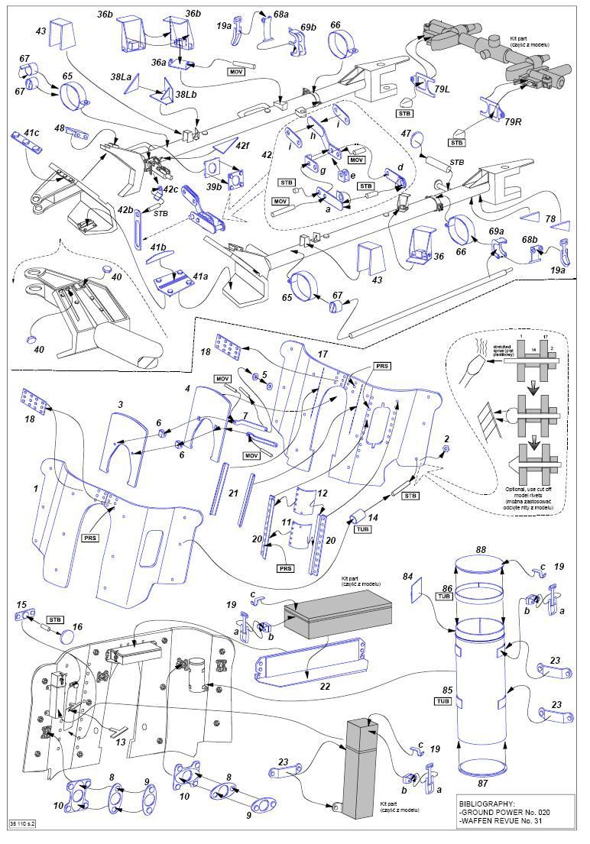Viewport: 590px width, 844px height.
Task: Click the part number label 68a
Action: click(281, 15)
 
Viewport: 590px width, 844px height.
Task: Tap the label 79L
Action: click(442, 89)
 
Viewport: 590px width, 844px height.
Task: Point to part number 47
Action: click(407, 134)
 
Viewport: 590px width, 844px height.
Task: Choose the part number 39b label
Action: click(213, 186)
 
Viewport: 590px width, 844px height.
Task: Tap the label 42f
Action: click(242, 144)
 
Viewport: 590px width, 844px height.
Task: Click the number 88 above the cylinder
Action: click(481, 549)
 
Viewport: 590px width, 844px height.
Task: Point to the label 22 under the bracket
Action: click(304, 687)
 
